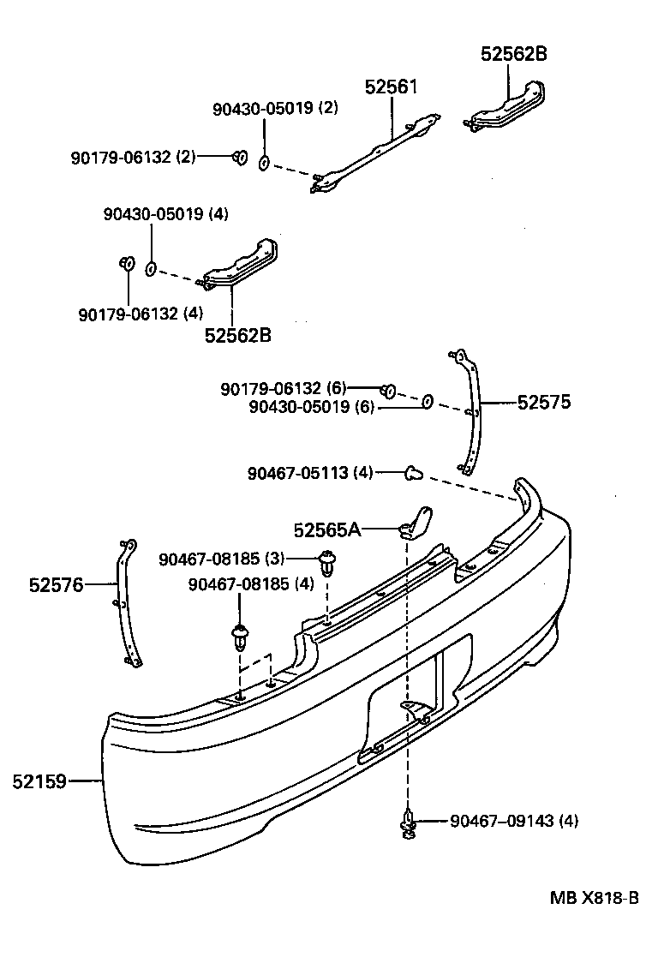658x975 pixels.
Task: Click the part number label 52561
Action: click(391, 87)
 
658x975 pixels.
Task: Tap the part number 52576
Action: click(56, 585)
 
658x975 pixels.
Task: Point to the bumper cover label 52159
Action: click(40, 781)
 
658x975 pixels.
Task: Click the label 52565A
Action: click(327, 530)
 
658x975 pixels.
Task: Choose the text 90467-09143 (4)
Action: click(514, 821)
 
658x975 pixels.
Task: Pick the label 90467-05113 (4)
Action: click(310, 471)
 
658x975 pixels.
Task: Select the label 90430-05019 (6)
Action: click(312, 408)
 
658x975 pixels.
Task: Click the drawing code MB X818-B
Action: click(594, 898)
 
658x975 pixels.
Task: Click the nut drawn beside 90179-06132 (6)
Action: click(387, 392)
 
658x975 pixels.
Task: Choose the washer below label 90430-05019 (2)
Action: click(265, 161)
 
